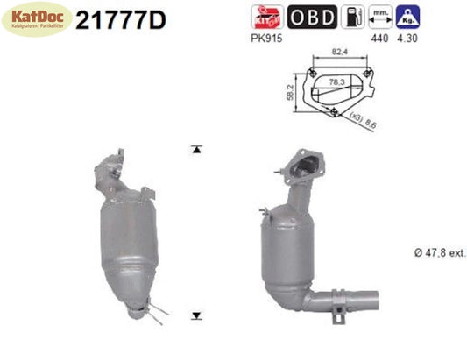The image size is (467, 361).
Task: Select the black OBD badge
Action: click(x=308, y=16)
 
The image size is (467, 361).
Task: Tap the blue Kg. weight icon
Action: click(x=407, y=16)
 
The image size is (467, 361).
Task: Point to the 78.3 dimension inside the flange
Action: click(x=338, y=82)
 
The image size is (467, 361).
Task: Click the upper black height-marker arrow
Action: click(x=197, y=149)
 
